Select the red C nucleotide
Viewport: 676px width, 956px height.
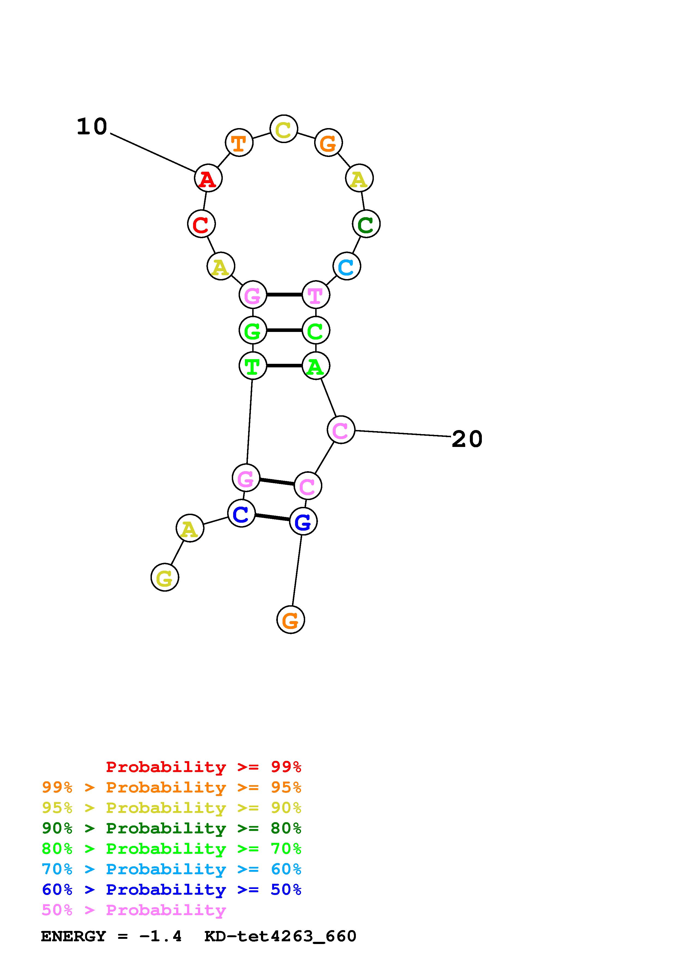(201, 224)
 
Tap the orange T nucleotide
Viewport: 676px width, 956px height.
(239, 143)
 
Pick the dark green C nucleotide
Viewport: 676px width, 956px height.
(366, 224)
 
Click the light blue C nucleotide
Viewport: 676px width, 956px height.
(347, 267)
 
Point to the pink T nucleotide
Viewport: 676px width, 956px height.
(316, 295)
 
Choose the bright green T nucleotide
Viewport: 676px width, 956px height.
(253, 366)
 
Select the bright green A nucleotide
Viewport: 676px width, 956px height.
(316, 366)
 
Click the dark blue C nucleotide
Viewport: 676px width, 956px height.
(241, 513)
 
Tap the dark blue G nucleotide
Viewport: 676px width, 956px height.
(303, 521)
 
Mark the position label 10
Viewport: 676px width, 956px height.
(92, 126)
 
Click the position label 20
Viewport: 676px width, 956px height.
(467, 439)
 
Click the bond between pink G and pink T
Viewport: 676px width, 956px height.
(284, 295)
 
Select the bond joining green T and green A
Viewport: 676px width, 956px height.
(284, 366)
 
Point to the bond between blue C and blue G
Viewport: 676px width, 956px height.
(272, 518)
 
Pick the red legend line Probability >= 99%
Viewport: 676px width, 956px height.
(204, 767)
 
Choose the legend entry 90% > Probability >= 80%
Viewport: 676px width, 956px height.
(172, 828)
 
